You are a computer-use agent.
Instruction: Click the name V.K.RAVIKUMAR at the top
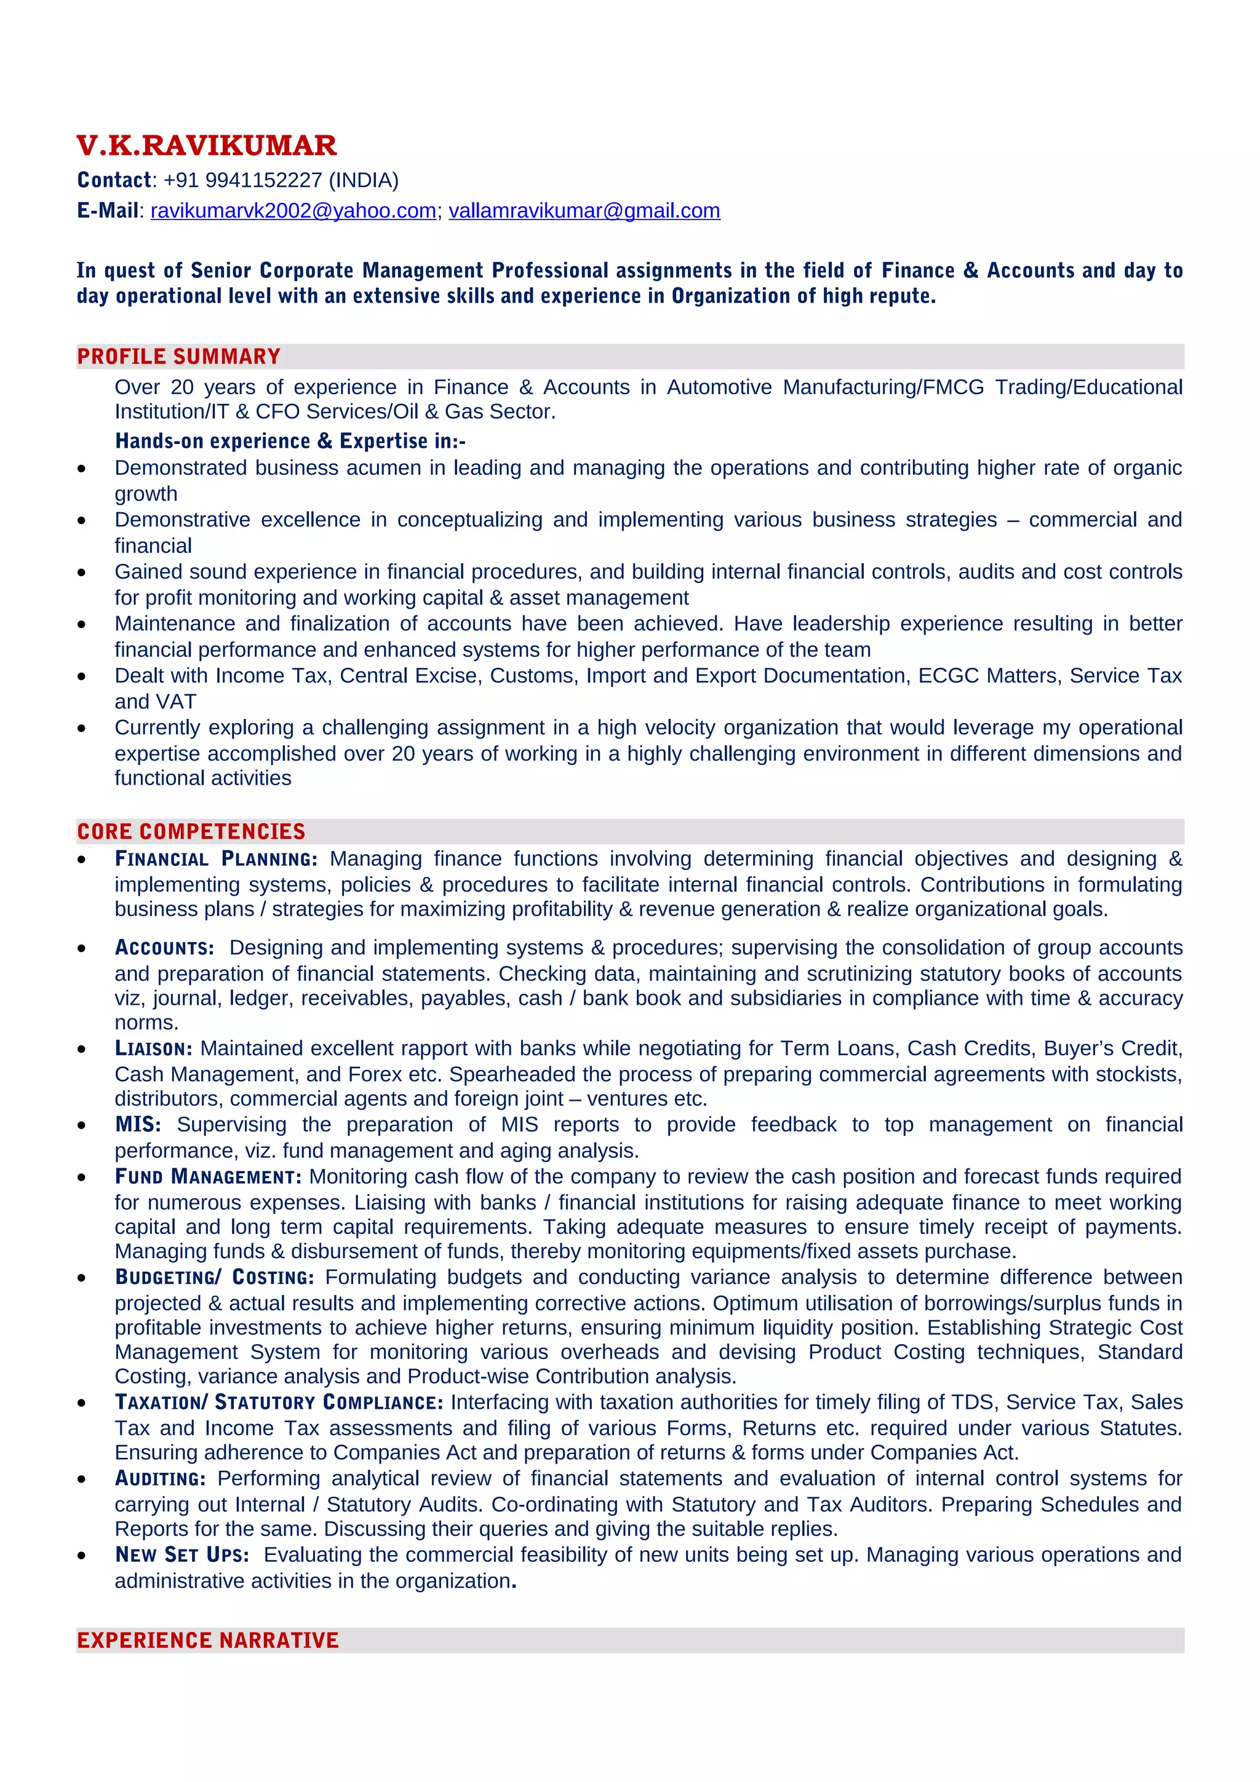click(207, 146)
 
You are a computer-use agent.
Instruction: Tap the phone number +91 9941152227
click(242, 180)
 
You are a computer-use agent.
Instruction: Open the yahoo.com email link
click(293, 211)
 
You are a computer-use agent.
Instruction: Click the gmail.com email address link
click(584, 211)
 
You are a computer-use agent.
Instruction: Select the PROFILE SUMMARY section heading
click(178, 356)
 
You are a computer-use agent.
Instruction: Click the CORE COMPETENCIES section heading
click(191, 831)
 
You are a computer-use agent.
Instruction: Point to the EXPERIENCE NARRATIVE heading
click(207, 1640)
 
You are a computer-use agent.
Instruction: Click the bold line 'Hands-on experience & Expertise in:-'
click(290, 441)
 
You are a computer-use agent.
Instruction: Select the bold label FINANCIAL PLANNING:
click(216, 858)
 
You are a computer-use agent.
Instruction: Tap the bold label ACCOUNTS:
click(164, 948)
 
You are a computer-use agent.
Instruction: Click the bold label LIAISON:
click(153, 1048)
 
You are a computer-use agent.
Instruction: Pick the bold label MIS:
click(137, 1125)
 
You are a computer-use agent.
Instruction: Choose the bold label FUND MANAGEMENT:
click(208, 1176)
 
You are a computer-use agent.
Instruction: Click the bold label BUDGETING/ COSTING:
click(214, 1278)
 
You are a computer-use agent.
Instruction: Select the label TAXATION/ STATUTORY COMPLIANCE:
click(279, 1403)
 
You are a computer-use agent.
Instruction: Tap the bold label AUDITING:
click(160, 1478)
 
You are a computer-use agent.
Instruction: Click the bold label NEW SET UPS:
click(181, 1554)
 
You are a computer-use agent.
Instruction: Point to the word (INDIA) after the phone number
click(364, 180)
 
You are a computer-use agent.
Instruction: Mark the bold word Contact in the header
click(114, 180)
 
